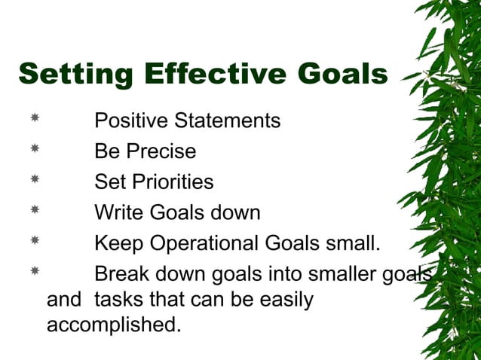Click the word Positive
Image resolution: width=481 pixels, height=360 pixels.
pyautogui.click(x=131, y=121)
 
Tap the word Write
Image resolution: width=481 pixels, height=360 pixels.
pyautogui.click(x=119, y=213)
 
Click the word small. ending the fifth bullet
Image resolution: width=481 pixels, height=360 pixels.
pyautogui.click(x=349, y=244)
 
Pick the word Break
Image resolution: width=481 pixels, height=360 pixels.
pyautogui.click(x=122, y=275)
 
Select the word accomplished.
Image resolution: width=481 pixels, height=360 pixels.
pyautogui.click(x=114, y=325)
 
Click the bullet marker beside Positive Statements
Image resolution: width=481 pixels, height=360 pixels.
pyautogui.click(x=35, y=119)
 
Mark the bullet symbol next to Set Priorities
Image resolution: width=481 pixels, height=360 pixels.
pyautogui.click(x=35, y=180)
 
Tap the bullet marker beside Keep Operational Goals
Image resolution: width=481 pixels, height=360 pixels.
pyautogui.click(x=35, y=242)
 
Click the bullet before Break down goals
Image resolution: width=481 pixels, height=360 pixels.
pyautogui.click(x=35, y=273)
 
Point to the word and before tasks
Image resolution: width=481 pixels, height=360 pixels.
pyautogui.click(x=64, y=300)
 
